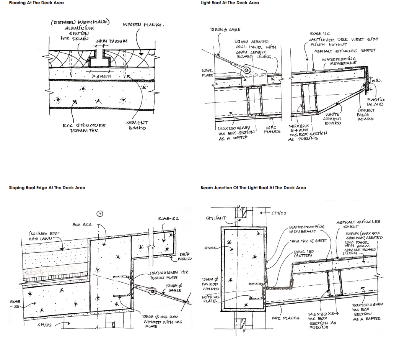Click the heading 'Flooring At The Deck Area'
[x=36, y=3]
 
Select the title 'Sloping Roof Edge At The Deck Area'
[x=47, y=188]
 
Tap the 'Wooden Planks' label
[x=143, y=25]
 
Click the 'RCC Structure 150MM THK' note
[x=85, y=128]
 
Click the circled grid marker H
[x=99, y=214]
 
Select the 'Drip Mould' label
[x=184, y=256]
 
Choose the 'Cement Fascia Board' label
[x=365, y=115]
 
